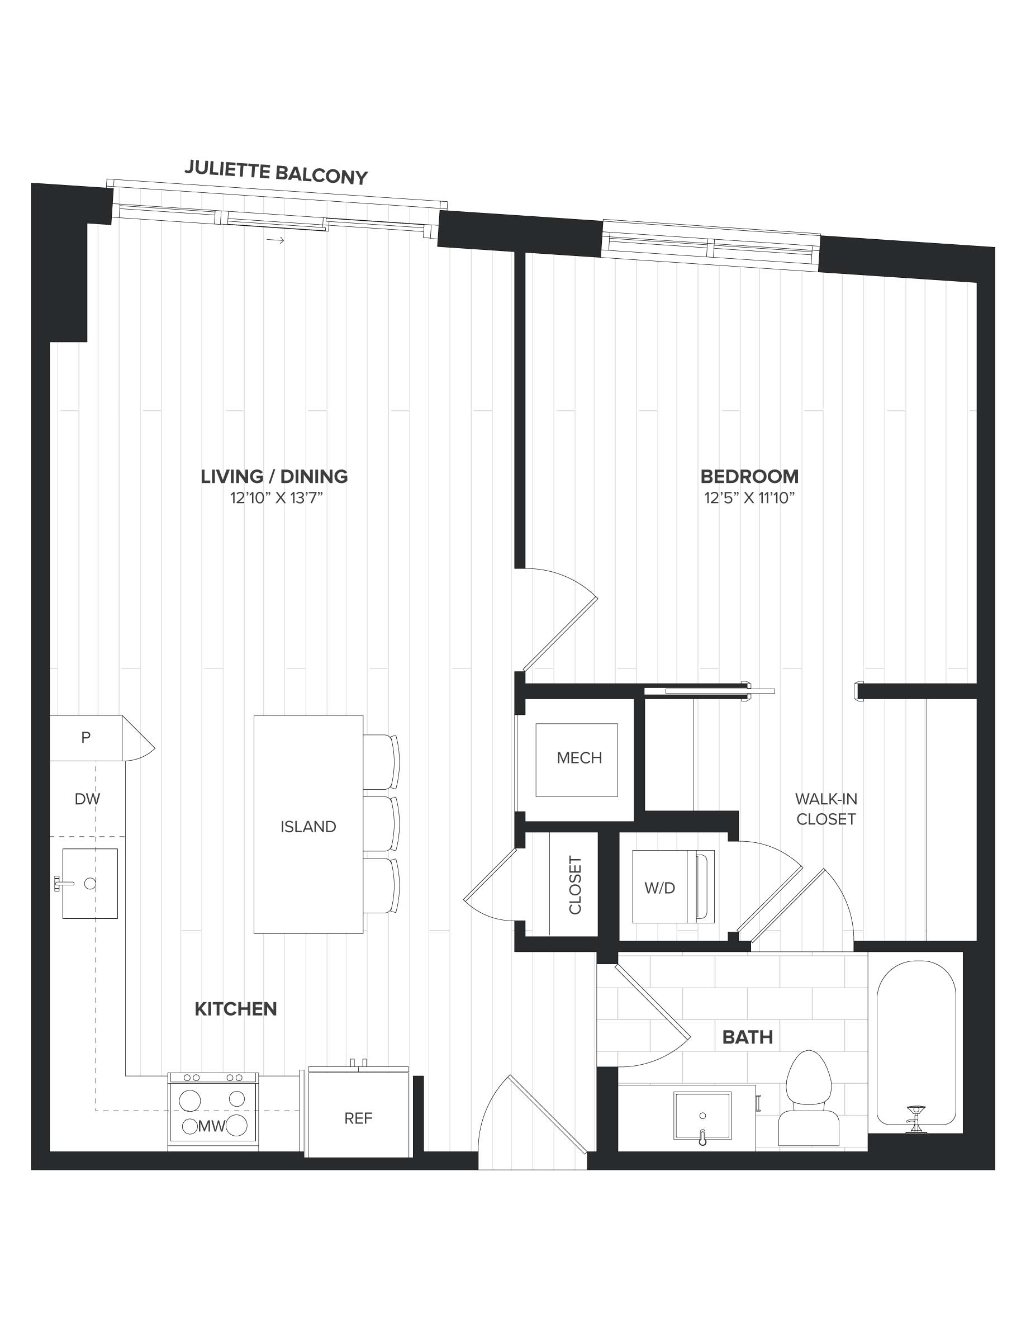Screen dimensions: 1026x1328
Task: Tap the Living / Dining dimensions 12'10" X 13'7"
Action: tap(276, 498)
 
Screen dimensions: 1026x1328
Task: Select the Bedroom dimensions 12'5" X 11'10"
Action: tap(749, 498)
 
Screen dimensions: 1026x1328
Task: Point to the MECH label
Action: tap(579, 758)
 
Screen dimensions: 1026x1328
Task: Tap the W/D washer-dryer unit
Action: tap(673, 887)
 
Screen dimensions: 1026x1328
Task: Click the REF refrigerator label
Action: tap(358, 1118)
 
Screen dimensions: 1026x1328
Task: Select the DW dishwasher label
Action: tap(87, 799)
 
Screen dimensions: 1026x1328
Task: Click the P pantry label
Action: tap(85, 738)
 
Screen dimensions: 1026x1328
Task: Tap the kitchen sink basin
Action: tap(90, 883)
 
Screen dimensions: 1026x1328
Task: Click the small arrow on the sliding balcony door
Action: tap(275, 240)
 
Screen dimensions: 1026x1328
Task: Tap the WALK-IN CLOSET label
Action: tap(826, 809)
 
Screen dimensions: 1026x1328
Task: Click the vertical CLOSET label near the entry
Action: tap(575, 885)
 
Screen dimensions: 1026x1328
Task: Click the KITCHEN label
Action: tap(236, 1009)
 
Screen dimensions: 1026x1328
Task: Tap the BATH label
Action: tap(748, 1037)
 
